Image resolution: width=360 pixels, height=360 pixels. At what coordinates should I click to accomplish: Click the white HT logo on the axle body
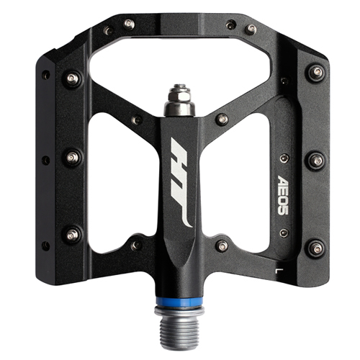pyautogui.click(x=181, y=183)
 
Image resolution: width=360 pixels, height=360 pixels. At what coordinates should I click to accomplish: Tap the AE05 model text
pyautogui.click(x=284, y=195)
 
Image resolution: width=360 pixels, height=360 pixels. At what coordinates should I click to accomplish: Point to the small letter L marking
pyautogui.click(x=279, y=271)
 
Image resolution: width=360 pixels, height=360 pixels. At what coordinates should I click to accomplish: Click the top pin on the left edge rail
pyautogui.click(x=72, y=78)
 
